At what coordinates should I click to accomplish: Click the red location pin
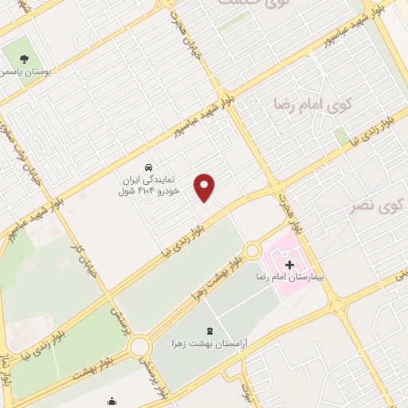[206, 187]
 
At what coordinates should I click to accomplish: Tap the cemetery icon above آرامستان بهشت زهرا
[210, 330]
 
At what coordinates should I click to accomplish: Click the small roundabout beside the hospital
[252, 250]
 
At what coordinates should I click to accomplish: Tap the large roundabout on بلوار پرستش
[141, 347]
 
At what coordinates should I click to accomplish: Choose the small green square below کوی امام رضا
[340, 136]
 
